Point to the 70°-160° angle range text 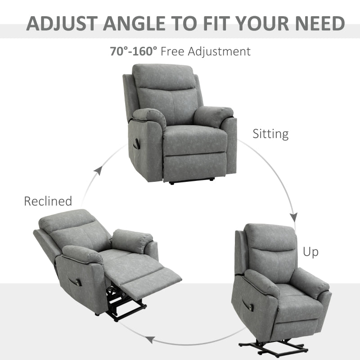pyautogui.click(x=134, y=51)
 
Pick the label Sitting pyautogui.click(x=270, y=134)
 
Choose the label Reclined pyautogui.click(x=48, y=201)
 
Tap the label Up pyautogui.click(x=310, y=252)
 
